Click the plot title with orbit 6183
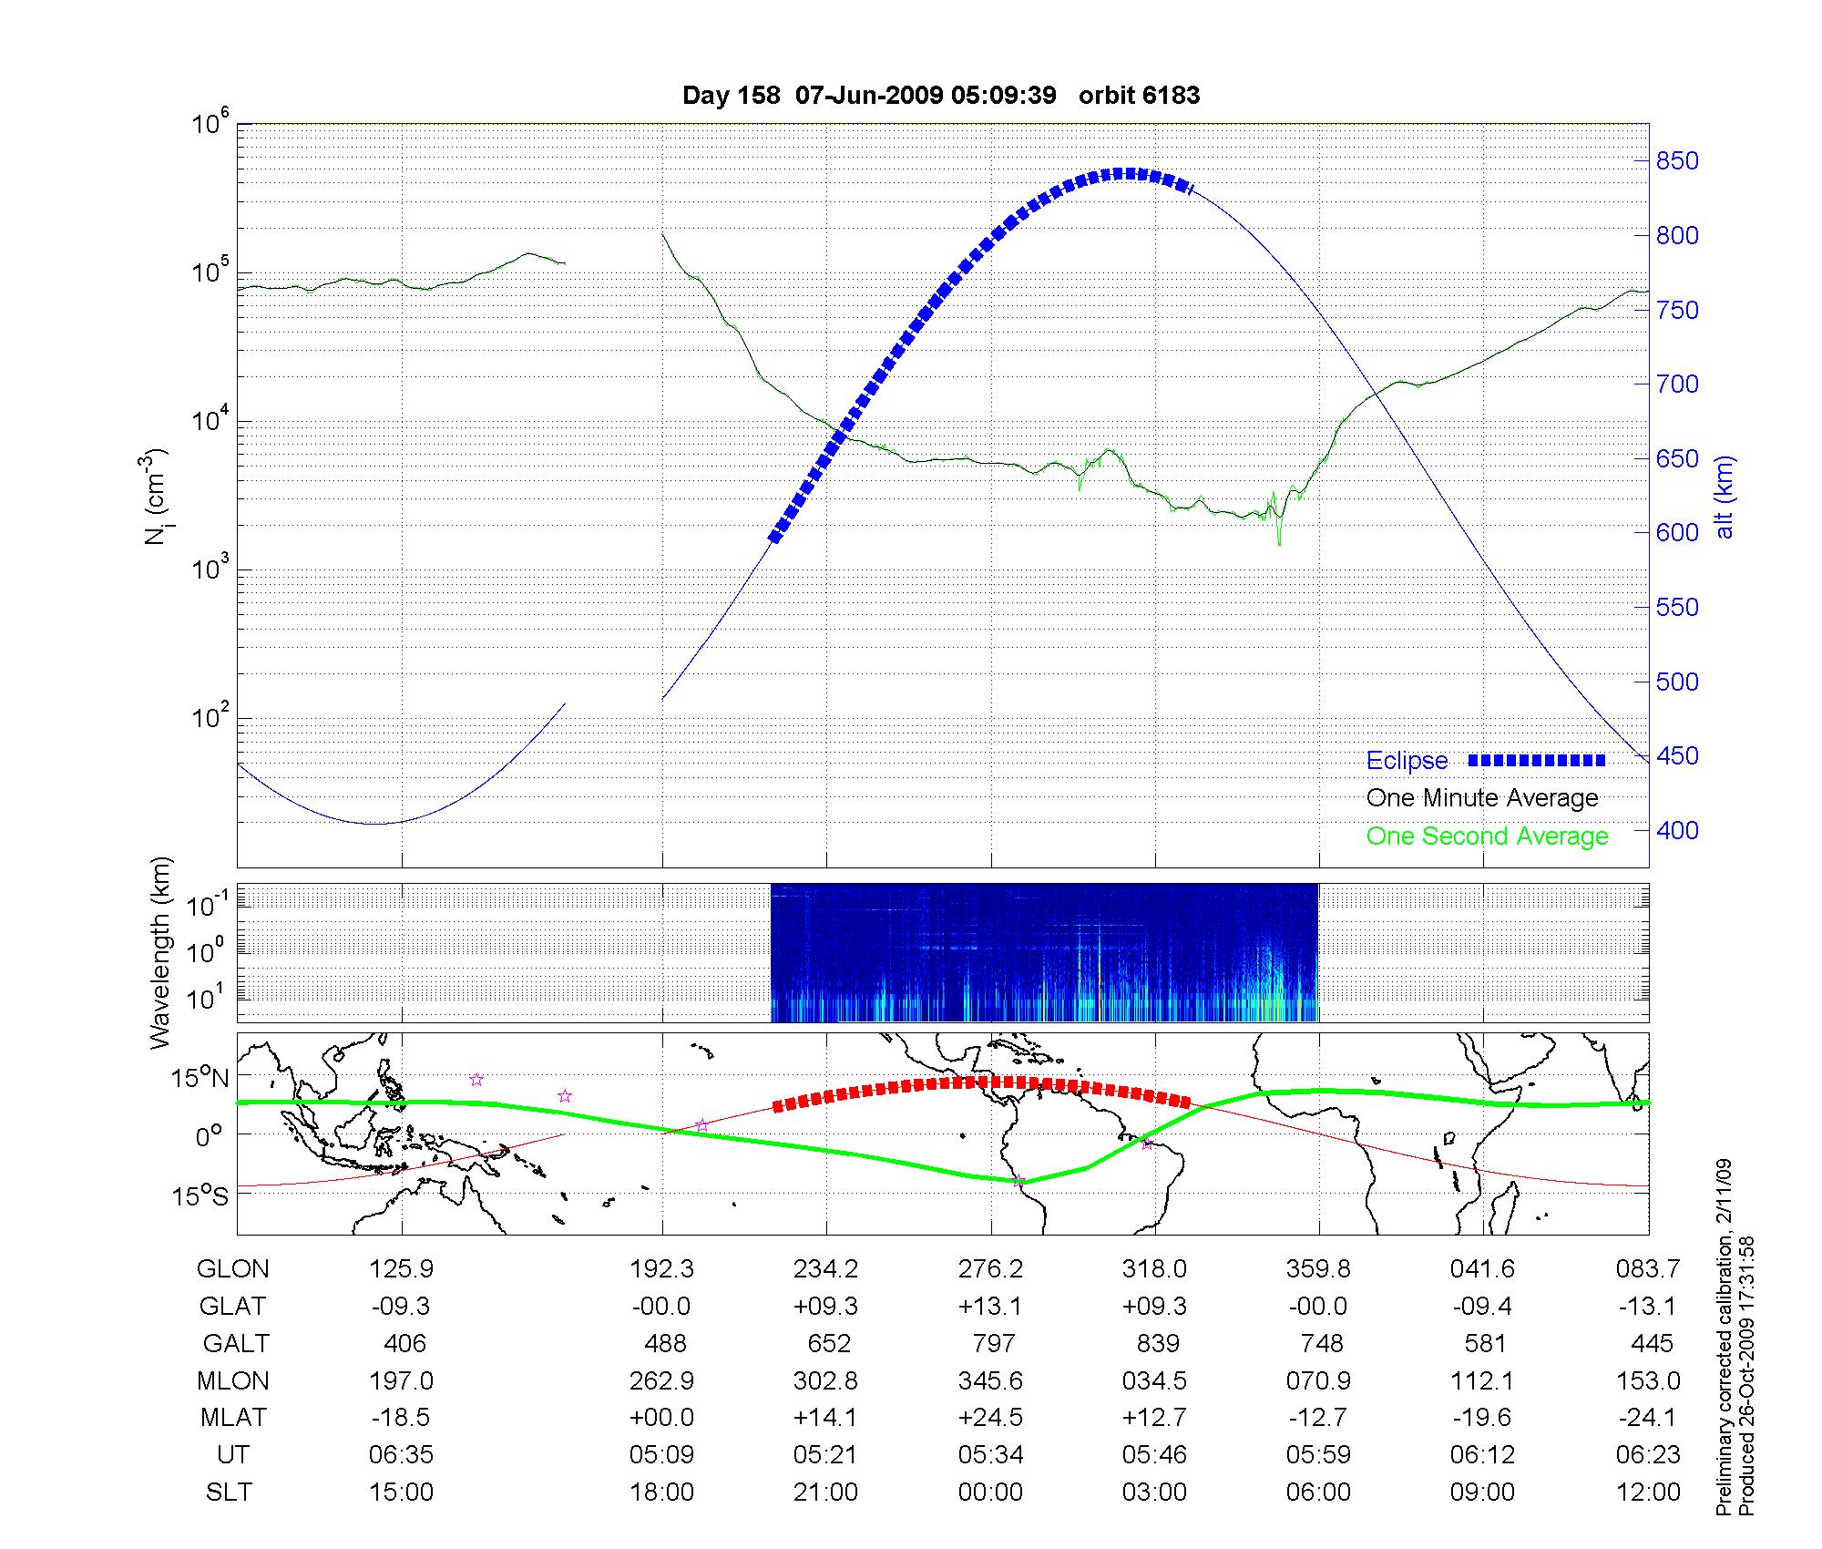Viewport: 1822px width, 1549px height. tap(940, 96)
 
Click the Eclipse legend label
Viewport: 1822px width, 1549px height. tap(1407, 761)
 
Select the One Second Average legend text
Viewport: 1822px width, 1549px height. tap(1487, 836)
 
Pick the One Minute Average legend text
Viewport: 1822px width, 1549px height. tap(1482, 798)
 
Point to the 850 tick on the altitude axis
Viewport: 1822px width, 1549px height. tap(1677, 161)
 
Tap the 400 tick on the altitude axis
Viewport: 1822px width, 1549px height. tap(1677, 830)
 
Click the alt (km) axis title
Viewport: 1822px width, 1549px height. tap(1725, 497)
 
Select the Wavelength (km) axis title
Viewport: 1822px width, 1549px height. tap(161, 953)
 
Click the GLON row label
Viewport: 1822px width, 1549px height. tap(233, 1269)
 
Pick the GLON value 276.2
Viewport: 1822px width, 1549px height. tap(990, 1269)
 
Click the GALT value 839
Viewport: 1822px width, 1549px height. tap(1158, 1344)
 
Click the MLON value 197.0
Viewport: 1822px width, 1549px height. tap(401, 1381)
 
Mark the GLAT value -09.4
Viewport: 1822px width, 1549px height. tap(1482, 1307)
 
